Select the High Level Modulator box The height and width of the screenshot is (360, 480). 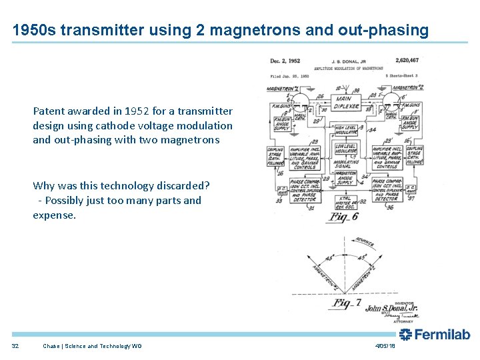coord(345,131)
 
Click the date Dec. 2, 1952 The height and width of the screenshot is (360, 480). coord(285,61)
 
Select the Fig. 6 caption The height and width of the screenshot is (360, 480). coord(345,217)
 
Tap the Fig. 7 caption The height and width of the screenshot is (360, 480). coord(347,303)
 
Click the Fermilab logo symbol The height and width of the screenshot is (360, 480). coord(405,335)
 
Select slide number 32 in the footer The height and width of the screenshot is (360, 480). coord(15,346)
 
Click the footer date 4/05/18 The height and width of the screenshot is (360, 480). coord(385,346)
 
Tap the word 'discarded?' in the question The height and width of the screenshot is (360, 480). coord(183,185)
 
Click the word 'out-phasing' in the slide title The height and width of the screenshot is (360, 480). coord(390,30)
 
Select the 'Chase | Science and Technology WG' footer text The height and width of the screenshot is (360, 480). coord(92,346)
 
